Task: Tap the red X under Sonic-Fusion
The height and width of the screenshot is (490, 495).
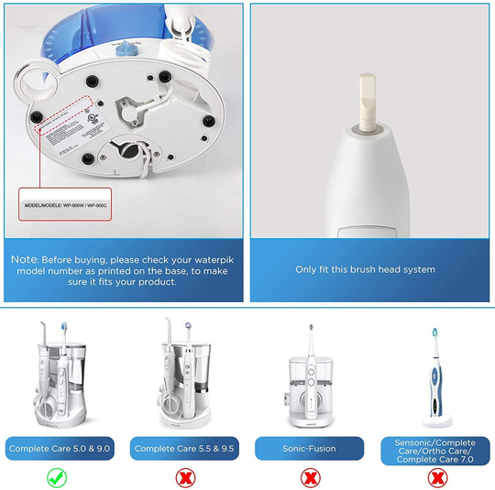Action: (311, 477)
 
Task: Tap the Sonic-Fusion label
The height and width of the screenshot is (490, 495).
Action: (311, 449)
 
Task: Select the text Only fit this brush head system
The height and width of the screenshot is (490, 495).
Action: (365, 269)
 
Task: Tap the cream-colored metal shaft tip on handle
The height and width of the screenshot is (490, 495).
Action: (365, 102)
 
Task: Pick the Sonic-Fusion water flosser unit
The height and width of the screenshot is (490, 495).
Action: (311, 380)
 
